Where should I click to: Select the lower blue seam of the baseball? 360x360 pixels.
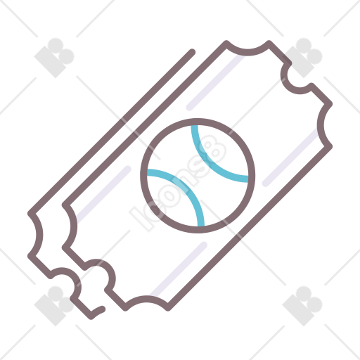click(186, 187)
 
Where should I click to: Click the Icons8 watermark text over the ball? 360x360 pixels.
click(178, 183)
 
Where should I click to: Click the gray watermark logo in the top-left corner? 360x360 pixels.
click(54, 58)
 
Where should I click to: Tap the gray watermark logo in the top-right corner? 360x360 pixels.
click(302, 58)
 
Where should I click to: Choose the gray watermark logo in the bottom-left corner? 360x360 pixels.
click(54, 306)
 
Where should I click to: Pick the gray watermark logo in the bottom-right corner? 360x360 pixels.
click(302, 306)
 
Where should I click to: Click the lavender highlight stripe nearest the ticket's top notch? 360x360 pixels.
click(215, 82)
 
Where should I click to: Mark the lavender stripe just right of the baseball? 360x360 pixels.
click(290, 157)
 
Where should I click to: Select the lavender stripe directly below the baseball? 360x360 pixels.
click(179, 269)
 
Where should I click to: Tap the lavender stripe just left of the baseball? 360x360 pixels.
click(103, 195)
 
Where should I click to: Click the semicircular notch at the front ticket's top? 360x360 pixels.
click(247, 52)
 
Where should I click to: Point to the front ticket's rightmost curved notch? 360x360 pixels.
click(321, 125)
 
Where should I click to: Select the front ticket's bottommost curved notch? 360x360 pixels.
click(146, 300)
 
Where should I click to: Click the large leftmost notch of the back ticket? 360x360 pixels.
click(39, 235)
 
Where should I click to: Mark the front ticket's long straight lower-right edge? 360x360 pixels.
click(250, 229)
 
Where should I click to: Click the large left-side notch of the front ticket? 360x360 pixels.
click(73, 226)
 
